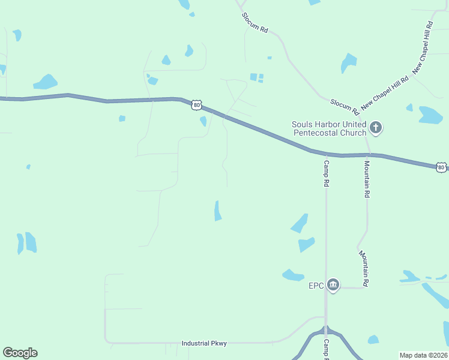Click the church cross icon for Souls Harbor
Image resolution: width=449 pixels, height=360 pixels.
[376, 127]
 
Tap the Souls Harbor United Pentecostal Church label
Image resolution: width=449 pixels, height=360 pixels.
[328, 128]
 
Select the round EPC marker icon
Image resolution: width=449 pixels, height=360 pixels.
[333, 285]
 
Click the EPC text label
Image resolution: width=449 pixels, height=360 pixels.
[316, 285]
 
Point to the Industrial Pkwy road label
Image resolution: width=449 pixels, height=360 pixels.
[204, 343]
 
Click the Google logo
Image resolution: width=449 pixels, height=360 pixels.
[20, 353]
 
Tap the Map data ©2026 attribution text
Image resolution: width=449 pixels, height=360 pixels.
[423, 355]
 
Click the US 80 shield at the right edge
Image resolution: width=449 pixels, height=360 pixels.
[441, 166]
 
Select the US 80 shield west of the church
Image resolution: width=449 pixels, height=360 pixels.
[197, 104]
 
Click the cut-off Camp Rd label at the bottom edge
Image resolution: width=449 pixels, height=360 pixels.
[327, 349]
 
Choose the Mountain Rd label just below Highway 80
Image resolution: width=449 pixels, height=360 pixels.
[367, 178]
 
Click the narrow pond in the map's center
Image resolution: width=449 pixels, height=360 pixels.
[218, 211]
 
